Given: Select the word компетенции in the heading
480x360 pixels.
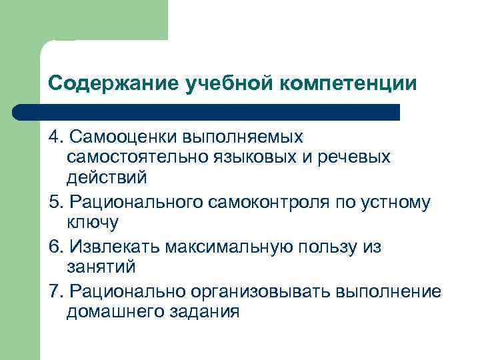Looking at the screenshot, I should tap(347, 84).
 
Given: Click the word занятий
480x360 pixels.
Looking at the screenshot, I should tap(101, 267).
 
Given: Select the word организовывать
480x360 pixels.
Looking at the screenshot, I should tap(263, 291).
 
